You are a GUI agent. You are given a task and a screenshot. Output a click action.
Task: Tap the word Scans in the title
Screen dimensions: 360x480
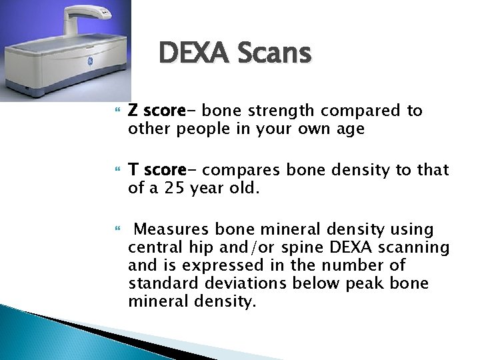(x=275, y=53)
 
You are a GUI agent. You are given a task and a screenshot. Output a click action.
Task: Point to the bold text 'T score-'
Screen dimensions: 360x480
(x=157, y=170)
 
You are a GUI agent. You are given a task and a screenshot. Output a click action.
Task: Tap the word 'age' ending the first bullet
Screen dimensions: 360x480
(x=350, y=129)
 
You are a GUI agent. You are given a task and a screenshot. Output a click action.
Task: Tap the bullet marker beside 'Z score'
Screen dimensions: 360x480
(x=119, y=111)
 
